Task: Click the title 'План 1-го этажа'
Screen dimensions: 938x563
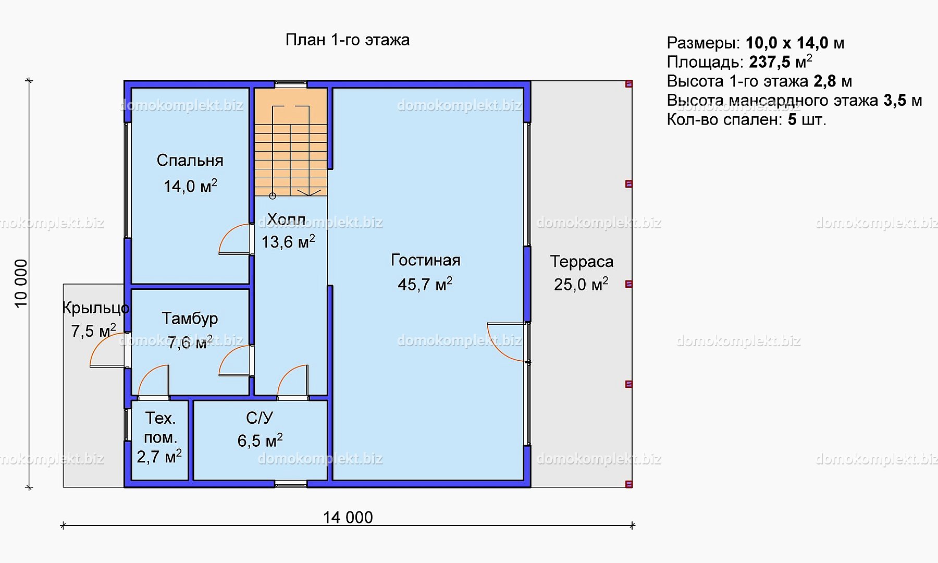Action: click(348, 40)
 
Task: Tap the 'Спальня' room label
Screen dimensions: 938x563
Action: click(190, 161)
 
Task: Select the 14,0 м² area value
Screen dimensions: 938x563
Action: click(190, 186)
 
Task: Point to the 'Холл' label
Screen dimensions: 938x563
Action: click(287, 219)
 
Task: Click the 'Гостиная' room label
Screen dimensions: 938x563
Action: click(426, 260)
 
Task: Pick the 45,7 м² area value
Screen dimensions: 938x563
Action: click(425, 284)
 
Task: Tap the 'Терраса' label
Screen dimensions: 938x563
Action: click(582, 261)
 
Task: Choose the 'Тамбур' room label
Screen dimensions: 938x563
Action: click(190, 319)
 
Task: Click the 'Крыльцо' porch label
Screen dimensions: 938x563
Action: click(95, 308)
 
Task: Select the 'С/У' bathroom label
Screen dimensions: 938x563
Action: click(260, 418)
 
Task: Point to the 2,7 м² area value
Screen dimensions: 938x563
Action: click(159, 457)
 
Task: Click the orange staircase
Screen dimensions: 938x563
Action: click(291, 142)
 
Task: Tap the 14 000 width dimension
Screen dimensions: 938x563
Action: click(348, 517)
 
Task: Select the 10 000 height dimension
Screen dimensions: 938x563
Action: click(21, 284)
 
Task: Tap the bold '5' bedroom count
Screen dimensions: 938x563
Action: click(792, 120)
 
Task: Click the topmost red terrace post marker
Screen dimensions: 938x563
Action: click(629, 84)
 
